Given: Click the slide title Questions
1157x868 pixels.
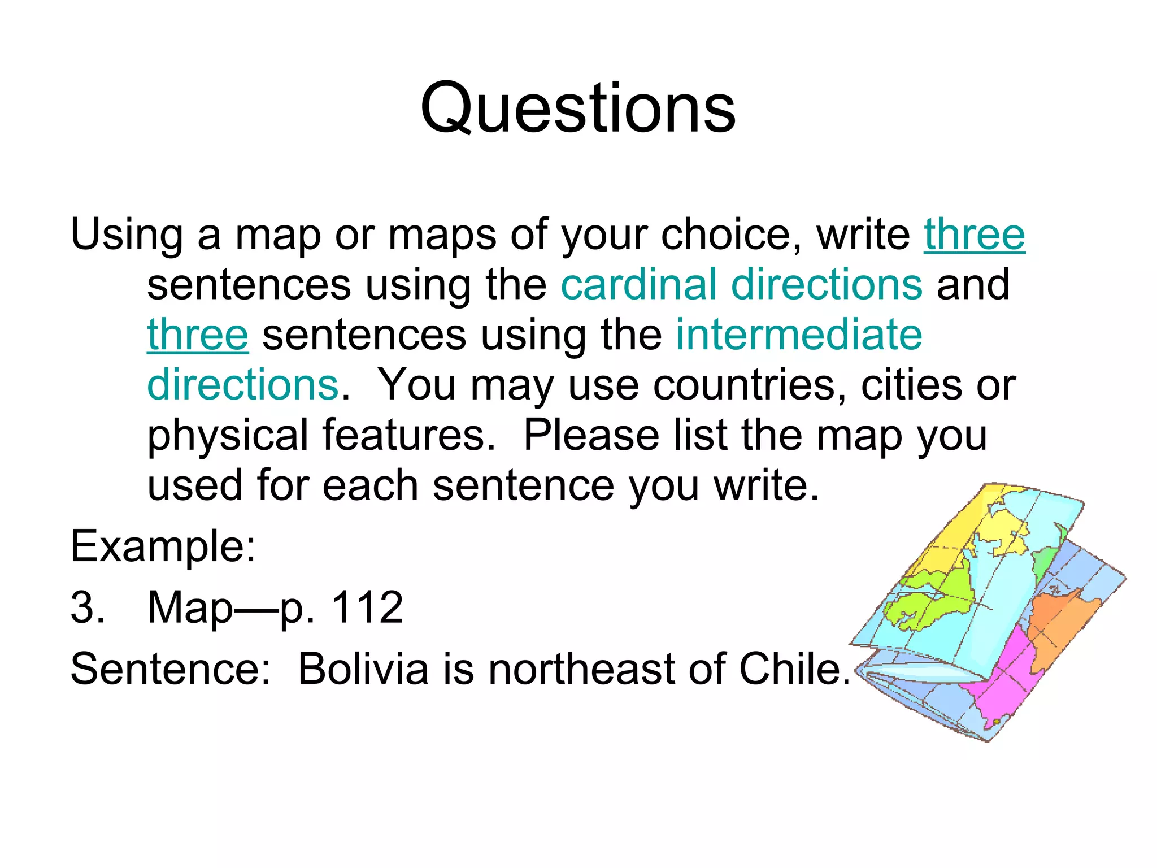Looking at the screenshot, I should (x=578, y=108).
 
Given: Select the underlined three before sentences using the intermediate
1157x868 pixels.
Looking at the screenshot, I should (x=197, y=335).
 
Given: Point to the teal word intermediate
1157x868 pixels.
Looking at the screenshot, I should (x=799, y=335).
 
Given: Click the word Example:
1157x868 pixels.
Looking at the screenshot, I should (x=163, y=546).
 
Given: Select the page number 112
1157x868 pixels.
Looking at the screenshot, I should (x=367, y=607).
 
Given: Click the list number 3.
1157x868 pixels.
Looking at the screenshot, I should (x=88, y=607).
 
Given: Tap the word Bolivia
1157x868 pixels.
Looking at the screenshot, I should (x=363, y=669).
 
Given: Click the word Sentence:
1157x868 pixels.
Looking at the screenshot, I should (x=170, y=669).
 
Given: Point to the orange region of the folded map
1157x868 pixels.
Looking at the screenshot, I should (x=1056, y=622).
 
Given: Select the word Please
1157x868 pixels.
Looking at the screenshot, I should (x=591, y=436).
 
